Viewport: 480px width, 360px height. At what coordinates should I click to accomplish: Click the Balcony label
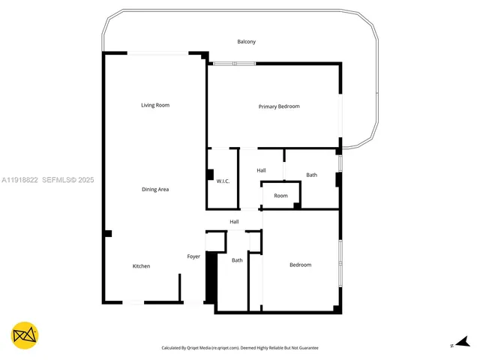tap(246, 42)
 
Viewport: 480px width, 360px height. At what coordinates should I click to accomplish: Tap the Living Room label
tap(155, 105)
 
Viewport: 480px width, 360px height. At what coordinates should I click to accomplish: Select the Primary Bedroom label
tap(279, 106)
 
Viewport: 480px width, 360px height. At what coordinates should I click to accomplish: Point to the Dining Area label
tap(155, 190)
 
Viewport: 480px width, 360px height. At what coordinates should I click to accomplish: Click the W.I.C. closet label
tap(223, 181)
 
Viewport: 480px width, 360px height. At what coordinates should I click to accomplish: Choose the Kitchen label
tap(141, 266)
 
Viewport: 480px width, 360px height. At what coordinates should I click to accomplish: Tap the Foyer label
tap(193, 257)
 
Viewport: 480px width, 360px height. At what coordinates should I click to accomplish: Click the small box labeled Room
tap(280, 196)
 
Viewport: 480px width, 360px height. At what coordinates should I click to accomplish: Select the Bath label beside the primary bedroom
tap(311, 175)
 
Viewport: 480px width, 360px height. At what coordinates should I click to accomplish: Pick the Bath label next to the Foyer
tap(237, 260)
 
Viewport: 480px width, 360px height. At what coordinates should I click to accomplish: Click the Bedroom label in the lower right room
tap(300, 265)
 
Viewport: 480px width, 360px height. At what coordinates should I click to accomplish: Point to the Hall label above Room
tap(261, 171)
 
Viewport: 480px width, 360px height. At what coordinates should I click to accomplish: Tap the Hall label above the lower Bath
tap(234, 222)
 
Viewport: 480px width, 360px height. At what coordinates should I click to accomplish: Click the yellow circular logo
tap(25, 335)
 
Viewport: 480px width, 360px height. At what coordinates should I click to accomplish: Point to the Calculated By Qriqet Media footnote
tap(240, 348)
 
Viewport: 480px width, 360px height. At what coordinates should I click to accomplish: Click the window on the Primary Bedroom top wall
tap(234, 64)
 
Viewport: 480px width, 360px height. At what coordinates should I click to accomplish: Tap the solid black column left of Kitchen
tap(108, 233)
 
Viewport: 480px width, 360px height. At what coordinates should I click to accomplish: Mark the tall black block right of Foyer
tap(211, 277)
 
